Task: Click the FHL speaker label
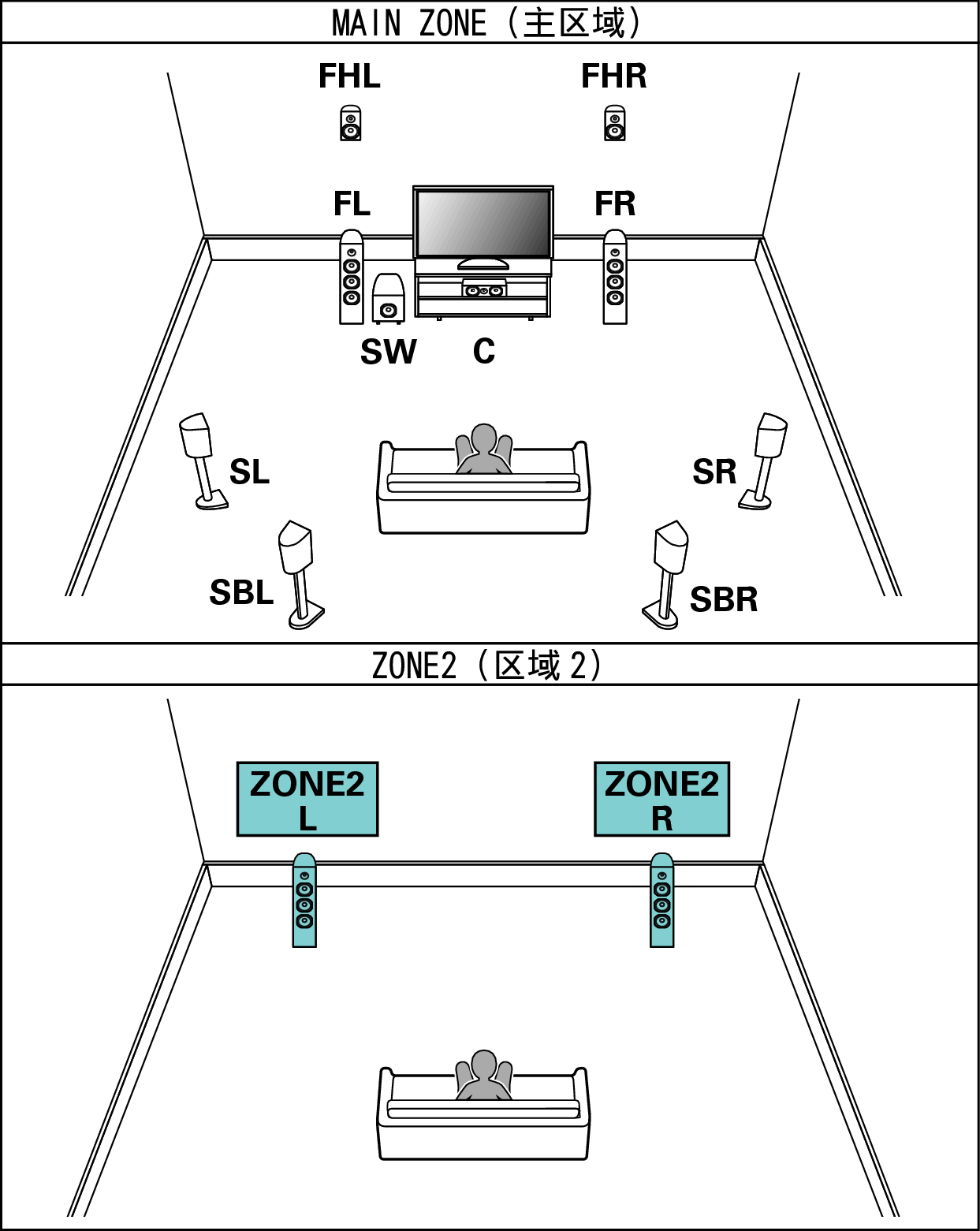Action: coord(349,76)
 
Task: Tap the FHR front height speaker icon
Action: coord(615,123)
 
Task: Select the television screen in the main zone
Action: coord(483,222)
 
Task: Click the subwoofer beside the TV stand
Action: coord(389,298)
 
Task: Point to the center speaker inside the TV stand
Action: coord(484,289)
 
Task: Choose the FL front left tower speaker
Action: coord(352,277)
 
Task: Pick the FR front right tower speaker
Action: coord(615,277)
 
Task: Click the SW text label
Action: coord(389,351)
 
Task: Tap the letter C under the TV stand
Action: coord(484,351)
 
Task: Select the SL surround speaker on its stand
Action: coord(203,461)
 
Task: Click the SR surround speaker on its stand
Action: coord(763,461)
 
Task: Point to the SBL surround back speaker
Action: coord(301,574)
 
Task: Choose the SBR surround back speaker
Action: coord(665,574)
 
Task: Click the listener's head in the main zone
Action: coord(484,439)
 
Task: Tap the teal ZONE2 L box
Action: coord(307,799)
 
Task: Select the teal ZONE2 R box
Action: coord(662,799)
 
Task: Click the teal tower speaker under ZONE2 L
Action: coord(304,901)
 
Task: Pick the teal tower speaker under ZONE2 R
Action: coord(662,901)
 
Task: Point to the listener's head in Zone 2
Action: coord(484,1065)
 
